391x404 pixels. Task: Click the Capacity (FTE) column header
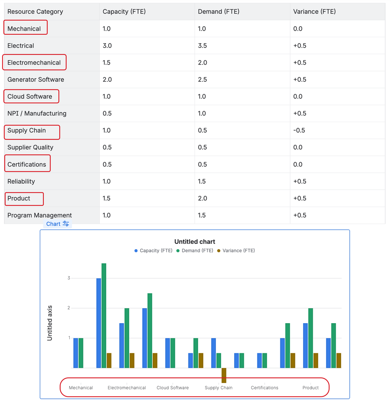point(124,12)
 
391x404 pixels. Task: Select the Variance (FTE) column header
point(314,12)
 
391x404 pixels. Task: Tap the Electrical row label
point(21,46)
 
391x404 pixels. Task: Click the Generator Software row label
point(36,80)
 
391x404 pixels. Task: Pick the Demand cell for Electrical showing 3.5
point(202,46)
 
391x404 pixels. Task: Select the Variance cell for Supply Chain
point(299,131)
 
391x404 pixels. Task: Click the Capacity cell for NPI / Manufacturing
point(107,114)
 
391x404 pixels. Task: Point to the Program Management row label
point(40,216)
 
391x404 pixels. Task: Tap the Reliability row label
point(21,182)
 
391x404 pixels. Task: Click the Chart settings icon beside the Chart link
point(66,224)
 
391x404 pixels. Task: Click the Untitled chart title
point(194,242)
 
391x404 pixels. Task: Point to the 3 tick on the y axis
point(69,278)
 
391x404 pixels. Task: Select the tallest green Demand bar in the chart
point(104,315)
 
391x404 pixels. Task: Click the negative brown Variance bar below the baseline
point(224,375)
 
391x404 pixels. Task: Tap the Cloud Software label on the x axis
point(173,388)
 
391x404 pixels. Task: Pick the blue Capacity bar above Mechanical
point(76,353)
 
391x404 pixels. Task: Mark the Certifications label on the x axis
point(265,388)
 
